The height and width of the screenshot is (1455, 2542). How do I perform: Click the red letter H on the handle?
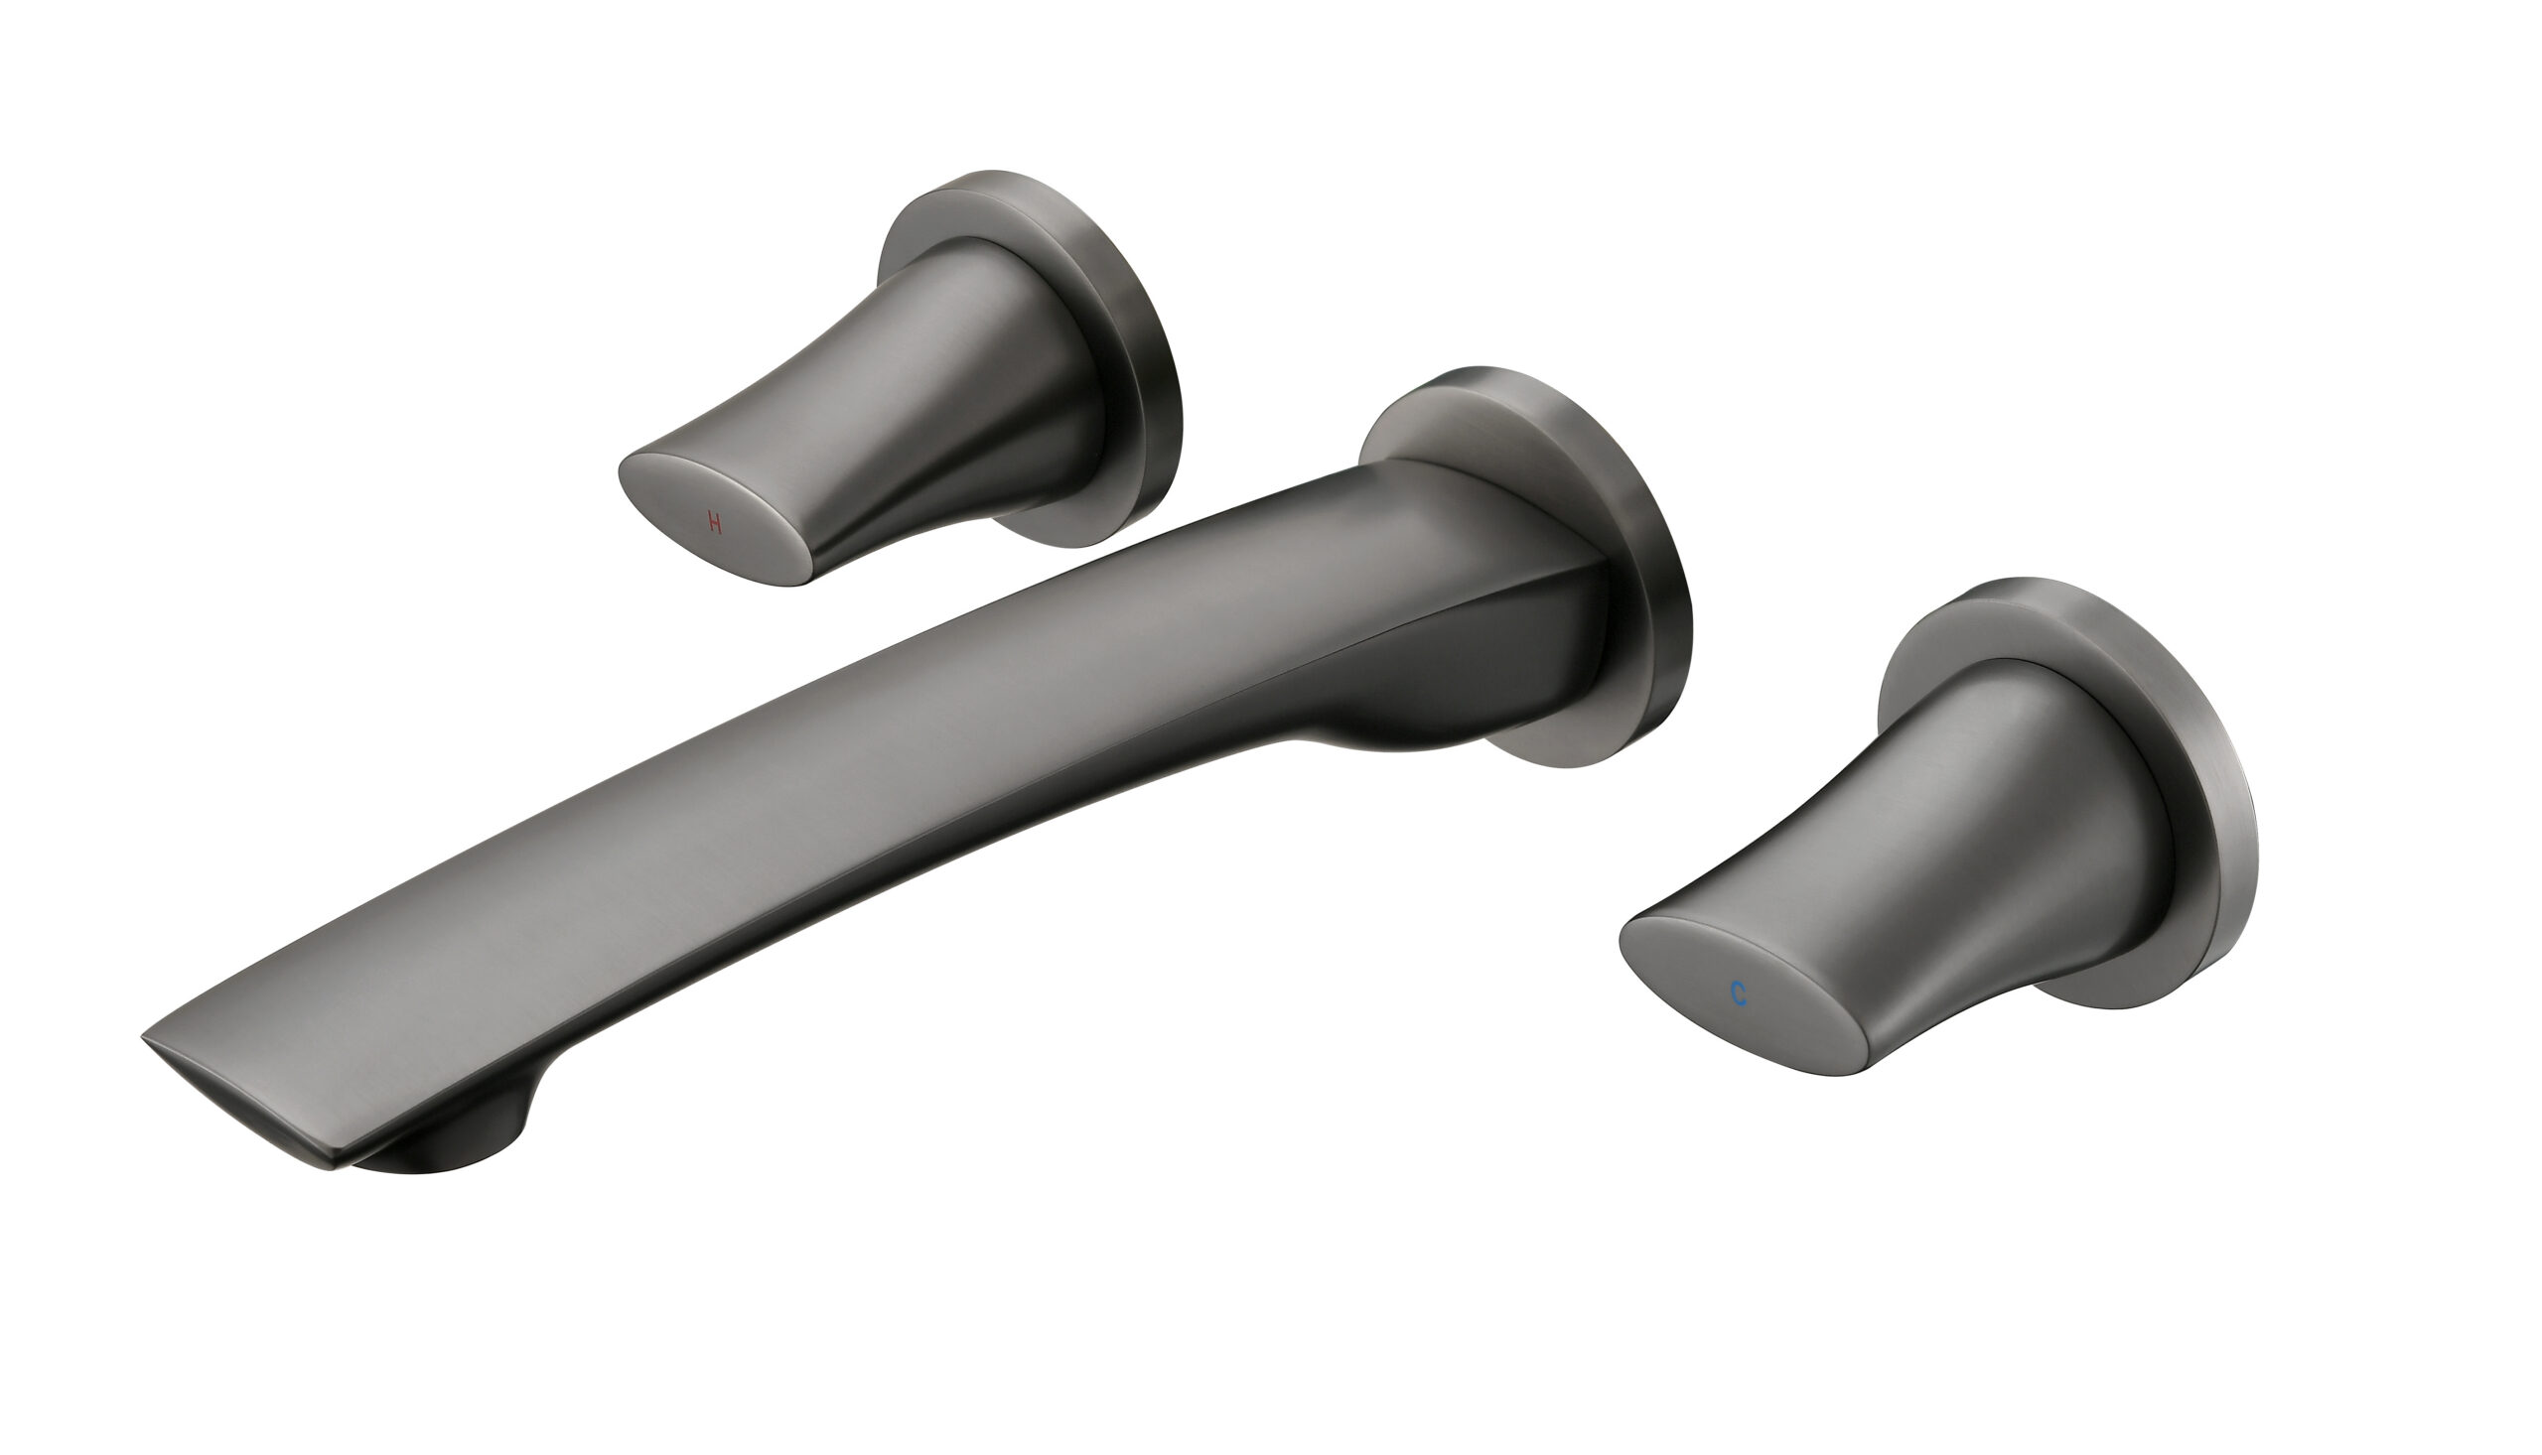coord(715,522)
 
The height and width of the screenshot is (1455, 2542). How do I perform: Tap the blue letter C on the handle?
coord(1740,993)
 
